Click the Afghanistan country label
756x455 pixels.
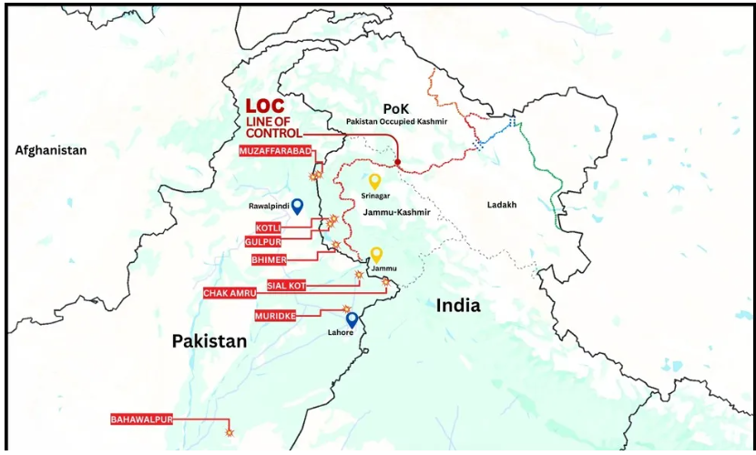[x=51, y=150]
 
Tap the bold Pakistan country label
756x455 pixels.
[x=209, y=341]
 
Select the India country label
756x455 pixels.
[x=457, y=305]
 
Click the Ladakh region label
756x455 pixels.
[x=502, y=206]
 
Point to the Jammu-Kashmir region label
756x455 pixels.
[x=396, y=212]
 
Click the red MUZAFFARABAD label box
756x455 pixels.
[x=273, y=151]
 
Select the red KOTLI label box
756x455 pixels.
[x=268, y=227]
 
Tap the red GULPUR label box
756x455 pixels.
[x=263, y=241]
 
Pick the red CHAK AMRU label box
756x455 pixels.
[x=229, y=293]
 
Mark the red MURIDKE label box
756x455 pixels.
[x=276, y=315]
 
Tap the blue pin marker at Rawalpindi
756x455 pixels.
[x=297, y=206]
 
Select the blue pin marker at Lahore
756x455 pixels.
[x=352, y=320]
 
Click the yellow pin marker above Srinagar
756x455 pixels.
[x=373, y=181]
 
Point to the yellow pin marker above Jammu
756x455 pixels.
[x=376, y=255]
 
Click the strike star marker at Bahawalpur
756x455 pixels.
[x=230, y=434]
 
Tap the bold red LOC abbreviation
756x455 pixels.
[x=265, y=107]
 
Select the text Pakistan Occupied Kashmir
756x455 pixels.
[x=396, y=120]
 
